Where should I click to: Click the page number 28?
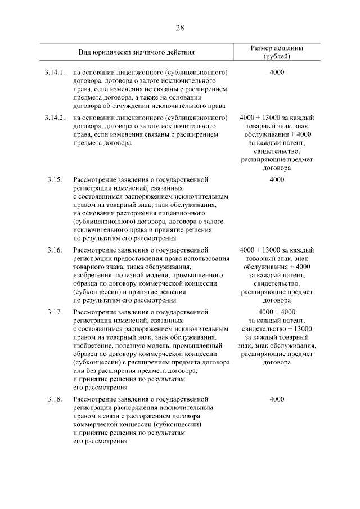click(180, 28)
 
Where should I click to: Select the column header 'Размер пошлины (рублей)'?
click(276, 53)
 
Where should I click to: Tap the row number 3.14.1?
click(55, 73)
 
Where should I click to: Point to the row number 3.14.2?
click(55, 118)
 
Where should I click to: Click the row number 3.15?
click(54, 179)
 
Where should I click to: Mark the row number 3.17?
click(54, 312)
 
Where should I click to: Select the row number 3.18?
click(54, 399)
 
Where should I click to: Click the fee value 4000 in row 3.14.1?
click(277, 73)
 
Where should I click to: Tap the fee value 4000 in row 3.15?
click(277, 179)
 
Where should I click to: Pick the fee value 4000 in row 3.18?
click(277, 399)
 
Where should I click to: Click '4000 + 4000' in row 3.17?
click(277, 312)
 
